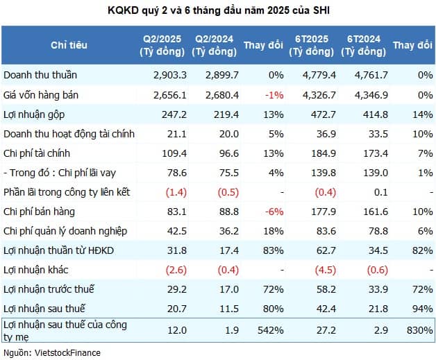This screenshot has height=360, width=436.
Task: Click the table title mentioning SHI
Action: pos(217,10)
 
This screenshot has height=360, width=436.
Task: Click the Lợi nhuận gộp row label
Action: pos(34,114)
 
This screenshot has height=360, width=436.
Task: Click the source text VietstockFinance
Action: pos(51,352)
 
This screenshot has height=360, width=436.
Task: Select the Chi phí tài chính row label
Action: pos(38,153)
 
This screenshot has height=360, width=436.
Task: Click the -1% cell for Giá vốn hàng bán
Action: pos(274,94)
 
